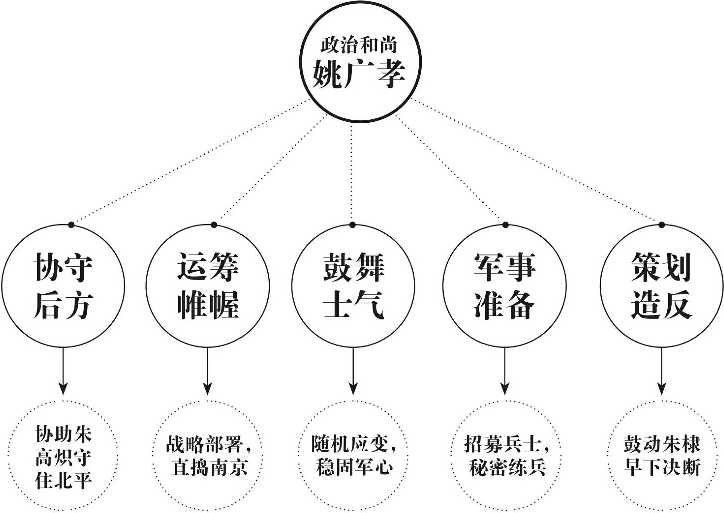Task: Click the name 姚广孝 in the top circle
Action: pos(359,74)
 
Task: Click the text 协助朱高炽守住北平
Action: pos(63,457)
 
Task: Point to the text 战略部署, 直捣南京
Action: pos(209,456)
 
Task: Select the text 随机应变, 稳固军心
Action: pos(354,456)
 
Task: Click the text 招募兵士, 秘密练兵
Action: pos(507,456)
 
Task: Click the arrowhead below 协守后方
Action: pos(63,389)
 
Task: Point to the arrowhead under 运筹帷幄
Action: pos(207,389)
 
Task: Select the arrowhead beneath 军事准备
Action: pos(505,389)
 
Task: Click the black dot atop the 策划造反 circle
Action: pos(661,225)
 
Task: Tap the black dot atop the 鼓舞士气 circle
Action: pos(353,225)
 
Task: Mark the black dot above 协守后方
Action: pos(71,225)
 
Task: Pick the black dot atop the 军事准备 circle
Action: pos(505,225)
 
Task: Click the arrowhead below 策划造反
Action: pos(661,389)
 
